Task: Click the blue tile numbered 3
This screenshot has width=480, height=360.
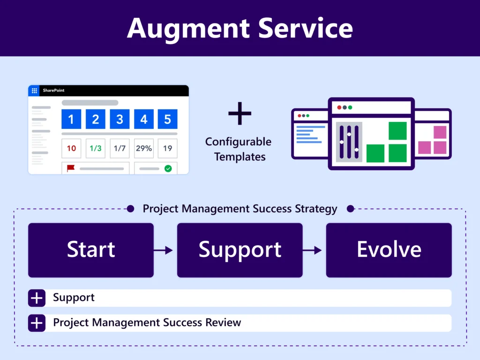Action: pos(120,119)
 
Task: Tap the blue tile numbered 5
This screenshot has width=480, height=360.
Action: pos(167,119)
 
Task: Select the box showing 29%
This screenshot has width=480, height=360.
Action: pos(143,149)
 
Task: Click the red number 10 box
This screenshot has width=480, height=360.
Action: pos(71,149)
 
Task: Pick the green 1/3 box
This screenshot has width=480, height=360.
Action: pos(95,149)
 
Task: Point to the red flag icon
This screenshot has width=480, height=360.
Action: pos(71,168)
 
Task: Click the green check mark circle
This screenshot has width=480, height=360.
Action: pos(168,168)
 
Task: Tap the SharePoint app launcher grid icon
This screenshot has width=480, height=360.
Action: pos(34,90)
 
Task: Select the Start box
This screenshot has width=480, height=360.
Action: pos(91,250)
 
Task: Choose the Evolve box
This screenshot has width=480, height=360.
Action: pos(389,250)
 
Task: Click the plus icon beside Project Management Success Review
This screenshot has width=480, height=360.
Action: pos(37,323)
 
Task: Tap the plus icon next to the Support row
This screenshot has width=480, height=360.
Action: pos(37,298)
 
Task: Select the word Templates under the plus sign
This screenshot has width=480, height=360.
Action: pos(240,157)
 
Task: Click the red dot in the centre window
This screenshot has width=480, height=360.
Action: pos(339,107)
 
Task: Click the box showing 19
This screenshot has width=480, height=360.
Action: pos(167,149)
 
